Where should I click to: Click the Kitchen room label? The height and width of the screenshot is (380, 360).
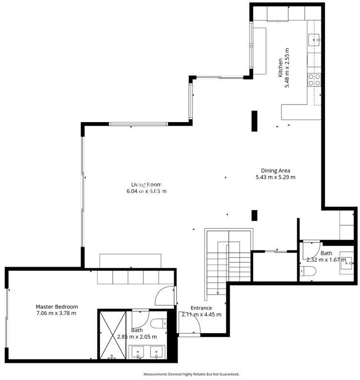click(x=280, y=67)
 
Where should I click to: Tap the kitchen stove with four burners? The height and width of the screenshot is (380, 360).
click(x=314, y=80)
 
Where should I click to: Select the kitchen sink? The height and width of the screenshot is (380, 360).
click(x=314, y=40)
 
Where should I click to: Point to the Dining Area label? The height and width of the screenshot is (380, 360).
click(x=275, y=170)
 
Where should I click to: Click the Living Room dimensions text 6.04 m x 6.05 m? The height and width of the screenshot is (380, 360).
click(x=146, y=191)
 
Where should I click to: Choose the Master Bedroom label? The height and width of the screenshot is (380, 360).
click(x=57, y=307)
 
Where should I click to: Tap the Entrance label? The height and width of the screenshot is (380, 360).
click(x=201, y=308)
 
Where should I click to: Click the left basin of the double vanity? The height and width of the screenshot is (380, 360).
click(x=138, y=352)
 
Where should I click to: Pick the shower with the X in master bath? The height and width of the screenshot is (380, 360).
click(x=113, y=335)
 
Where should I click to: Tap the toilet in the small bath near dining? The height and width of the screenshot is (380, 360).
click(x=308, y=271)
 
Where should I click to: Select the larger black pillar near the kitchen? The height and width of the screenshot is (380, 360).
click(x=254, y=121)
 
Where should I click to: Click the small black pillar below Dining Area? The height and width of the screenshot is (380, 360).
click(x=254, y=215)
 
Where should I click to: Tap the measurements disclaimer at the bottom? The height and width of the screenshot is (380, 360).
click(x=191, y=374)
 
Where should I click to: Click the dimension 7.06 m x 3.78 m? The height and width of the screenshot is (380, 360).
click(x=56, y=313)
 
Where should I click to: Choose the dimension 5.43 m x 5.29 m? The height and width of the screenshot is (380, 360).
click(x=276, y=177)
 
